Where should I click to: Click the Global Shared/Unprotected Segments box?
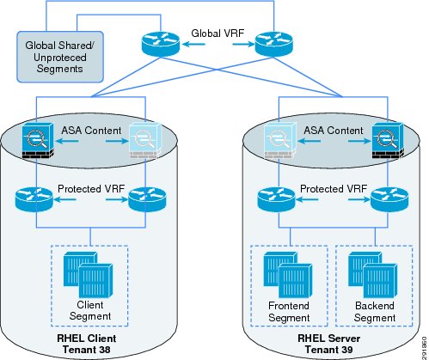[60, 57]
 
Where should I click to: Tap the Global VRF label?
[218, 34]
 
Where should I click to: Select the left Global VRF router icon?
[161, 44]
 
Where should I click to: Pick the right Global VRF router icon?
[274, 44]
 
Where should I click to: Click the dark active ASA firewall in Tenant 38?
[38, 141]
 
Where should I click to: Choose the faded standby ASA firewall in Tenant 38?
[146, 141]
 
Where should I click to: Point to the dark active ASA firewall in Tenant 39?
[388, 141]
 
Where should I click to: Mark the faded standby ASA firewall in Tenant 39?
[280, 141]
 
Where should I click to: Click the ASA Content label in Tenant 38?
[91, 131]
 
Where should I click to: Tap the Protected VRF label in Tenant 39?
[334, 189]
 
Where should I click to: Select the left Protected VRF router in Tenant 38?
[34, 199]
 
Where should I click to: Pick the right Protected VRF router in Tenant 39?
[389, 199]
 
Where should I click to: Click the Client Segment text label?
[90, 310]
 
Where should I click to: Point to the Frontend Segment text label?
[289, 312]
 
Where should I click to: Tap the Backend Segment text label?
[375, 312]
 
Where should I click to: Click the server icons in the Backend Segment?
[373, 275]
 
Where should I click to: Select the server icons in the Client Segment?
[88, 275]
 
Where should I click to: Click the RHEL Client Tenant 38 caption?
[87, 344]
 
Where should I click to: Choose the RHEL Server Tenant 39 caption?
[328, 344]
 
